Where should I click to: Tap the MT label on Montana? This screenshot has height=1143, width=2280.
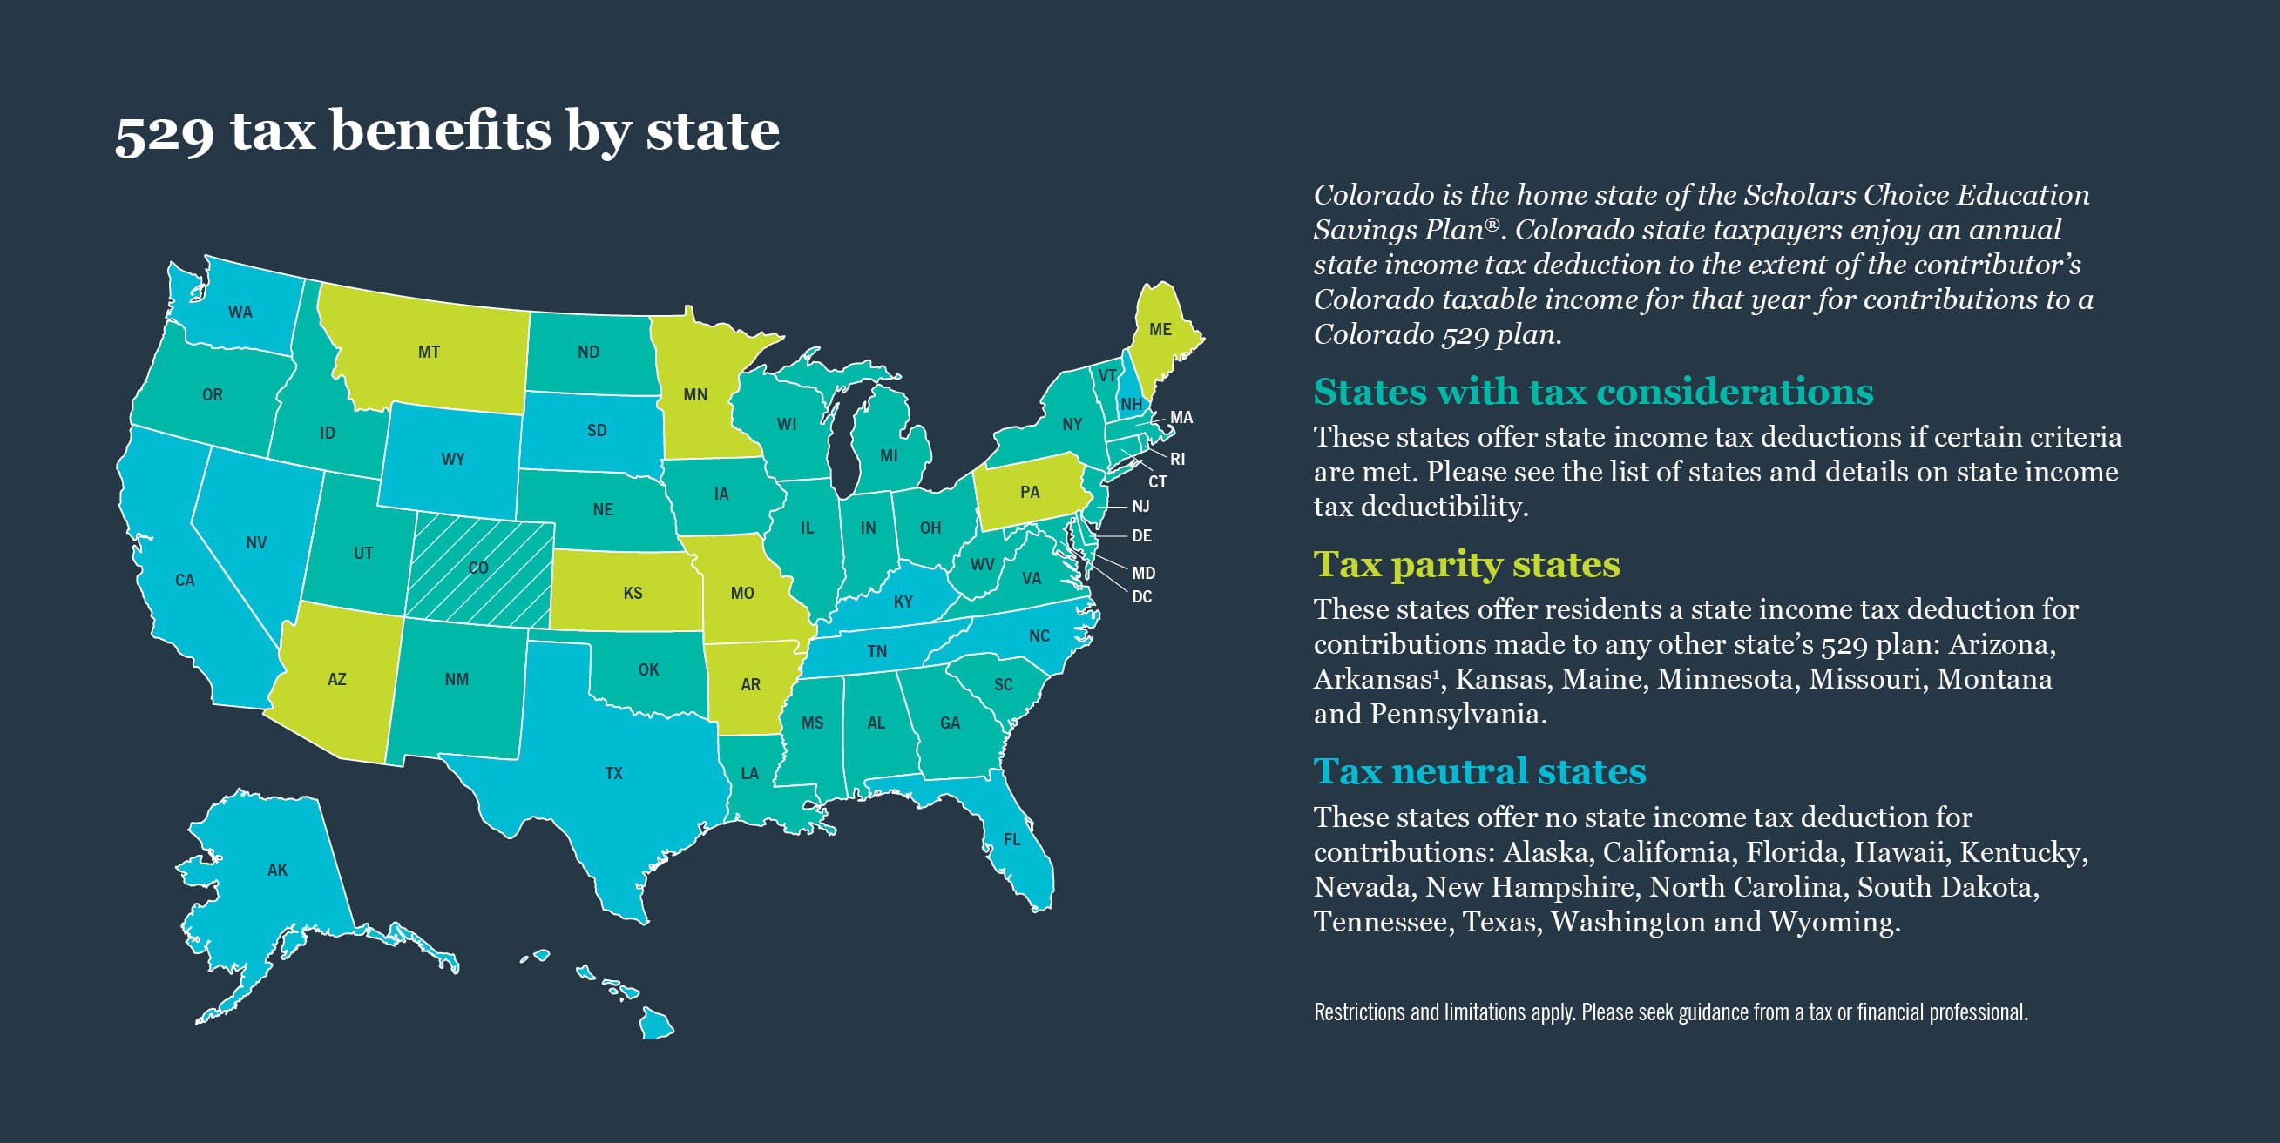(430, 352)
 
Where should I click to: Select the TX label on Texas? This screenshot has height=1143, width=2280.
(613, 773)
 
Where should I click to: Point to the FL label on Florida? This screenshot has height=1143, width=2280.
(1011, 839)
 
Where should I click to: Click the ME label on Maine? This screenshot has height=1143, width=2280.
(1160, 329)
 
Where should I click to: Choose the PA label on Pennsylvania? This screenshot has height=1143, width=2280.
(1030, 492)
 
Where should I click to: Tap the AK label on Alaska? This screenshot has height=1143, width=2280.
(277, 870)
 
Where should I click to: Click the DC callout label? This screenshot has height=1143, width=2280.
(1142, 597)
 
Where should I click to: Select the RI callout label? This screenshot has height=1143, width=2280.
(1177, 459)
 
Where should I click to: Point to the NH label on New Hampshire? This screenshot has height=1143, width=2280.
(1130, 404)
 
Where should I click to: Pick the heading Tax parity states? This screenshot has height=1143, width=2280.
(1465, 564)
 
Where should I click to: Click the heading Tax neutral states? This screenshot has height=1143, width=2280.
(1479, 771)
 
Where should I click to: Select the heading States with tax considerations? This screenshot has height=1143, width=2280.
(1593, 392)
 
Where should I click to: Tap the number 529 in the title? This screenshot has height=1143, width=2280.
(165, 132)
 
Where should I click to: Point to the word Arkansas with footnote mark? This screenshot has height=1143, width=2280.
(1376, 678)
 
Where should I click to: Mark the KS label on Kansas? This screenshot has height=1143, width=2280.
(633, 593)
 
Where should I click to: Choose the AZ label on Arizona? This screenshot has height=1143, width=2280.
(337, 679)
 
